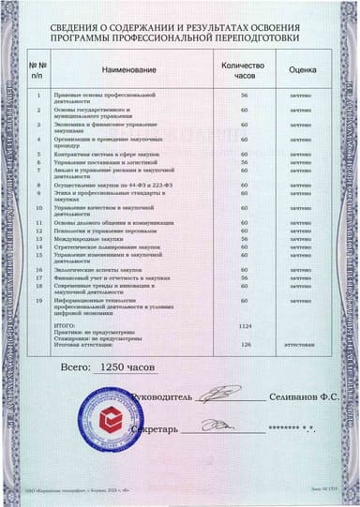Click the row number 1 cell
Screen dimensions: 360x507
pos(38,96)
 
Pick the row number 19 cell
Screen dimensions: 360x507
pos(38,300)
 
